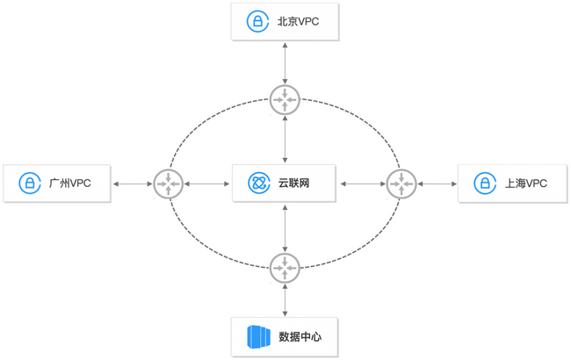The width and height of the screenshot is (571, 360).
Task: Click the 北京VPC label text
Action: pyautogui.click(x=298, y=22)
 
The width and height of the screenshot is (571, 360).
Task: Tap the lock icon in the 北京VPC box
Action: pyautogui.click(x=257, y=22)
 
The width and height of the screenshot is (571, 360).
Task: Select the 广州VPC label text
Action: pyautogui.click(x=69, y=184)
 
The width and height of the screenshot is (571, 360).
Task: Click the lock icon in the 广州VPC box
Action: pyautogui.click(x=30, y=184)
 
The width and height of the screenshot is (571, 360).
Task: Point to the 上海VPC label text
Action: pyautogui.click(x=525, y=184)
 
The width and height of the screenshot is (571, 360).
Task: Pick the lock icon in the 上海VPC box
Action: pyautogui.click(x=484, y=184)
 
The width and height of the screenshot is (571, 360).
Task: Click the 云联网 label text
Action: pyautogui.click(x=293, y=184)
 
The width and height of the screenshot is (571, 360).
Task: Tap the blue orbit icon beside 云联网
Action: pyautogui.click(x=258, y=184)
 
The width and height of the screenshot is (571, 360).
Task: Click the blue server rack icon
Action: pyautogui.click(x=260, y=336)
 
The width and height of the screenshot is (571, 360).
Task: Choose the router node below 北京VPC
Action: pyautogui.click(x=285, y=99)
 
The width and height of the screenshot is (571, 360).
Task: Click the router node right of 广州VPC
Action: pyautogui.click(x=168, y=184)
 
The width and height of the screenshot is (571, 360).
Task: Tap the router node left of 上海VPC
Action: pyautogui.click(x=401, y=184)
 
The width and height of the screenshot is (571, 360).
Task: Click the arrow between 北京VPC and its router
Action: pyautogui.click(x=285, y=62)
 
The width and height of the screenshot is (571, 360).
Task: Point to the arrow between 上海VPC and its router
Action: pyautogui.click(x=437, y=184)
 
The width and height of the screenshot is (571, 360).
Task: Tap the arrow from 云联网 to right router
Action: pyautogui.click(x=363, y=184)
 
